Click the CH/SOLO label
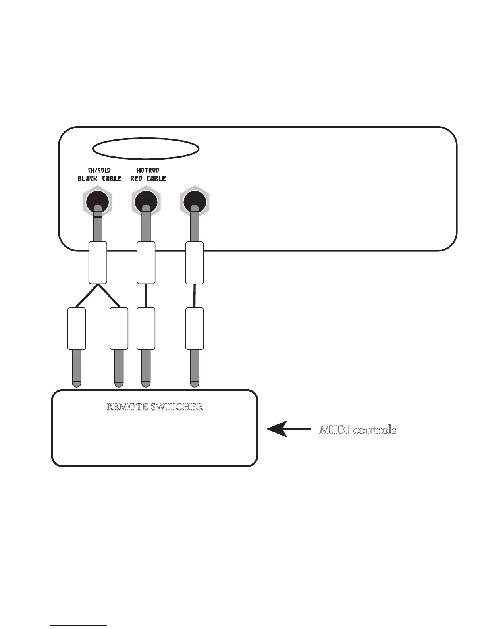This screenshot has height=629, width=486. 99,170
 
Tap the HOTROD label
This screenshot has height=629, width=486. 148,170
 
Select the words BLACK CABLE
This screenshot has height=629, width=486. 99,179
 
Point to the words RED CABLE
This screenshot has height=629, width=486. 148,179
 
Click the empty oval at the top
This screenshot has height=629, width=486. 145,148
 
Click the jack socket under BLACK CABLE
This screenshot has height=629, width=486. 98,202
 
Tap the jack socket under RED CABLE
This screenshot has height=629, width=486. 146,202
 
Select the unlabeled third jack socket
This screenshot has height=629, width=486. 195,202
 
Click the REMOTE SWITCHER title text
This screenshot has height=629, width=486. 155,407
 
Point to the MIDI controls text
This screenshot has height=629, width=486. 358,430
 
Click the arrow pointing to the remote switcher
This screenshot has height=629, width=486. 288,429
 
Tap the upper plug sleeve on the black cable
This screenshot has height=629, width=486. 97,262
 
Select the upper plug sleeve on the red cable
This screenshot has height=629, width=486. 146,262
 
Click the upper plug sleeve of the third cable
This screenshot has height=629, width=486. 195,262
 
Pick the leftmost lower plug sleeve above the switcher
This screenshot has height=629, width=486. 77,328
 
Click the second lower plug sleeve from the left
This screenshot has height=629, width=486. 119,328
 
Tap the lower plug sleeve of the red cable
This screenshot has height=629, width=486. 146,328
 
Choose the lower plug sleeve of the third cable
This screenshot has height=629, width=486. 195,328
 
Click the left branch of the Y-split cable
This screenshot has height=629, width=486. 87,295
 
